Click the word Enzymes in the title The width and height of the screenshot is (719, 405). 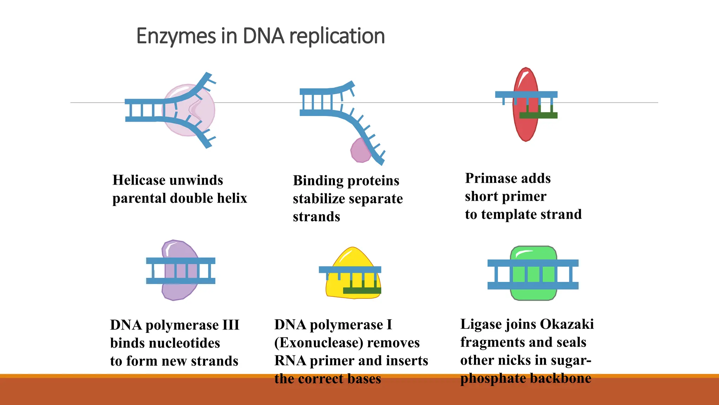click(176, 36)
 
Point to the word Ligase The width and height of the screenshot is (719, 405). click(480, 324)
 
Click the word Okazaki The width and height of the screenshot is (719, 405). click(566, 324)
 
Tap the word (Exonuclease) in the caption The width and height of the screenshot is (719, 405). click(312, 343)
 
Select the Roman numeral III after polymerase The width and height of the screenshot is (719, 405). click(231, 325)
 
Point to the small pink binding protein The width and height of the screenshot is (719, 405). click(359, 151)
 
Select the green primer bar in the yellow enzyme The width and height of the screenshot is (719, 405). click(362, 291)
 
